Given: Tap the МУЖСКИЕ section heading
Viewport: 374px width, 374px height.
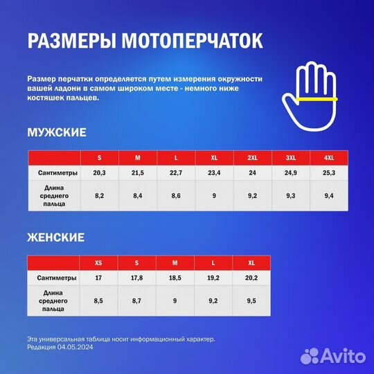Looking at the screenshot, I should tap(57, 132).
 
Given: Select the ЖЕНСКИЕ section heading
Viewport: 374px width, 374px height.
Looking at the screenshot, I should tap(55, 238).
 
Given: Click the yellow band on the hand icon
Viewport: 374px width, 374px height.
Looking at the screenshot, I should tap(315, 99).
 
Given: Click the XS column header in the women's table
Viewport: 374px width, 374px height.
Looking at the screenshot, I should tap(99, 263).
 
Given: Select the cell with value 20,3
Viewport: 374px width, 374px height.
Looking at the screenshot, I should tap(99, 172).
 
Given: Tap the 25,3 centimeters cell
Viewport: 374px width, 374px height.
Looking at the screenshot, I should tap(328, 172).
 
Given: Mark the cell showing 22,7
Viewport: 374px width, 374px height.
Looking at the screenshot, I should tap(176, 172).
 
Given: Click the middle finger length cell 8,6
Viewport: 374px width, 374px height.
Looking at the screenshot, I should tap(176, 196).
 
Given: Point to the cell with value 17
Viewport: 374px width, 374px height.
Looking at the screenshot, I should tap(99, 277).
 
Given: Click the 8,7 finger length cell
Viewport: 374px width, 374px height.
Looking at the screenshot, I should tap(137, 301).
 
